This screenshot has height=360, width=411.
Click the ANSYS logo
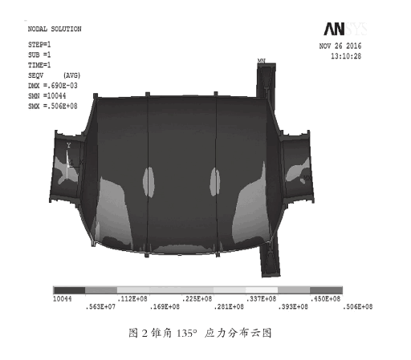click(x=345, y=29)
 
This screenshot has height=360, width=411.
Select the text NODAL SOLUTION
click(x=55, y=29)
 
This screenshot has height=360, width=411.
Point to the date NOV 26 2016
click(x=340, y=46)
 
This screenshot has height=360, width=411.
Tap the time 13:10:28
click(x=346, y=56)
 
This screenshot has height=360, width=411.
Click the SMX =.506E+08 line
click(x=53, y=106)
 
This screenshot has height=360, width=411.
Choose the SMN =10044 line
click(x=47, y=95)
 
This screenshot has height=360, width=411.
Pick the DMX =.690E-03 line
click(x=53, y=86)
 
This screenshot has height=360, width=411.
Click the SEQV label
click(x=35, y=75)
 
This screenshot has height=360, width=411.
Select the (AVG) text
click(x=71, y=75)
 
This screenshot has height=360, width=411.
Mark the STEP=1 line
click(x=39, y=44)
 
